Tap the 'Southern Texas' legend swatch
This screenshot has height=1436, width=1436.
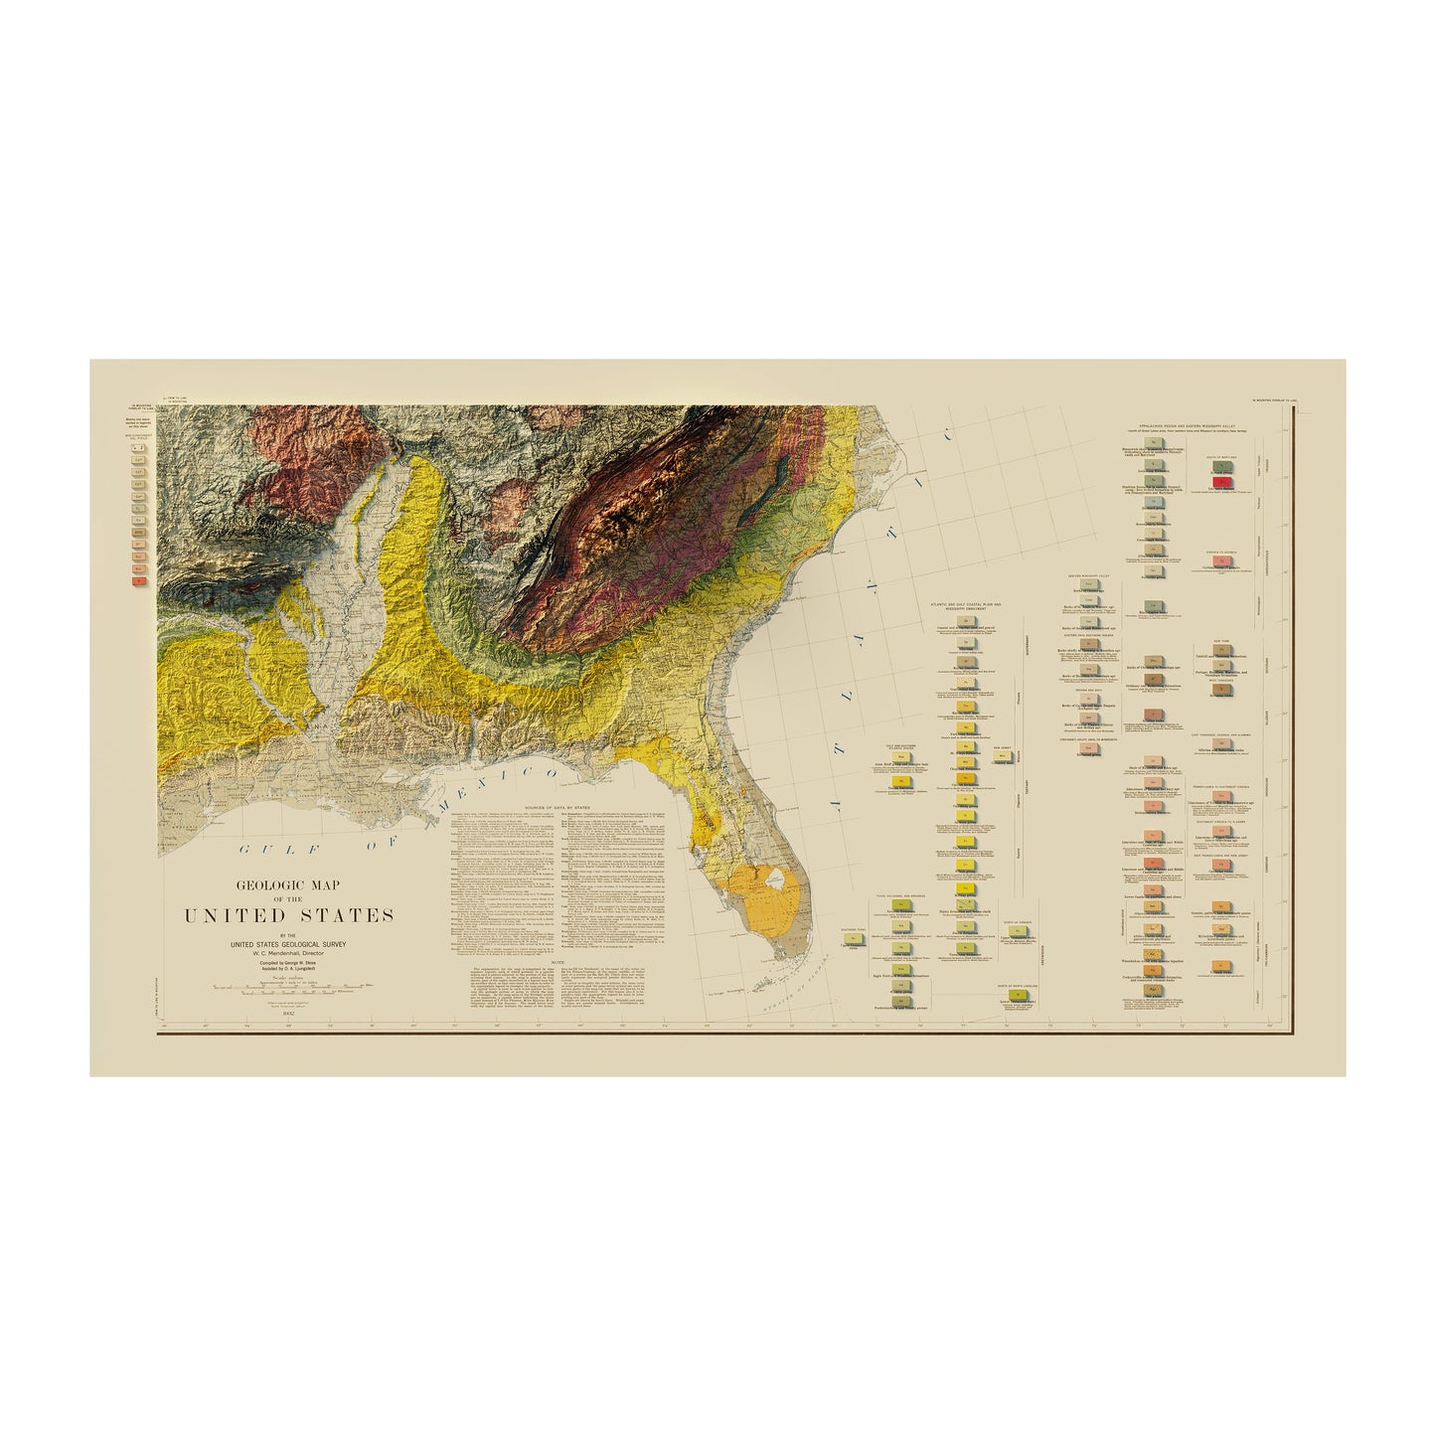coord(854,938)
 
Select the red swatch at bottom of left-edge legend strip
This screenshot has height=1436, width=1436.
coord(140,577)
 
